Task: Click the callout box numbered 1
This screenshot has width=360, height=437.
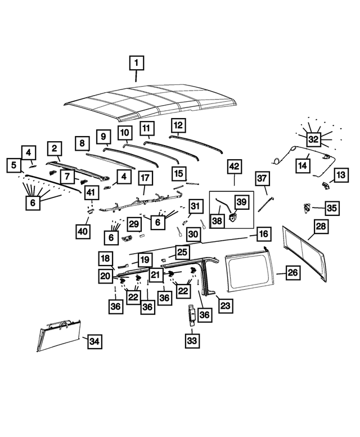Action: (x=136, y=63)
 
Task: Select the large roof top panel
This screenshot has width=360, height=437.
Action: (x=150, y=102)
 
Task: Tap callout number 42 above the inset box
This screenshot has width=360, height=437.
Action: (x=234, y=166)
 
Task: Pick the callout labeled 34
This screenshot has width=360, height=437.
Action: (x=94, y=341)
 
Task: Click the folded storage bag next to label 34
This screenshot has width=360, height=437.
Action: (x=59, y=335)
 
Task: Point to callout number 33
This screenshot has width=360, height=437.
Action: (x=192, y=341)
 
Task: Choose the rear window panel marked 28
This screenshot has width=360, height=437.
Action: (x=304, y=254)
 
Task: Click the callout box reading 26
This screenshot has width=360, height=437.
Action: (x=292, y=272)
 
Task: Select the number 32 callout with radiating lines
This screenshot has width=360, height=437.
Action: (x=313, y=139)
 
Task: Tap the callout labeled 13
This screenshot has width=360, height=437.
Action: (x=341, y=175)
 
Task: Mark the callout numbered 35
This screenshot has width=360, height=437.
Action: (x=332, y=208)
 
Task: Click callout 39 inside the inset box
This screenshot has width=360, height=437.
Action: (x=241, y=201)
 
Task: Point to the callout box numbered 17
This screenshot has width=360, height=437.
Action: (x=145, y=178)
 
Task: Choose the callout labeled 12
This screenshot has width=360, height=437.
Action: (x=178, y=125)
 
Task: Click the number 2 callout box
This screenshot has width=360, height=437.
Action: (x=55, y=148)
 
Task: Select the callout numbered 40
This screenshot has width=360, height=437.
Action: (x=83, y=231)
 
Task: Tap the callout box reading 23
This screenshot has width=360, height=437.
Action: (x=225, y=306)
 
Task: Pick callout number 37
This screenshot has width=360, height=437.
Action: (x=262, y=178)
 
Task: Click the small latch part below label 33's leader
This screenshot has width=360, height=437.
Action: (x=191, y=314)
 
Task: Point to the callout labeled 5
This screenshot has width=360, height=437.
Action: (x=14, y=165)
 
